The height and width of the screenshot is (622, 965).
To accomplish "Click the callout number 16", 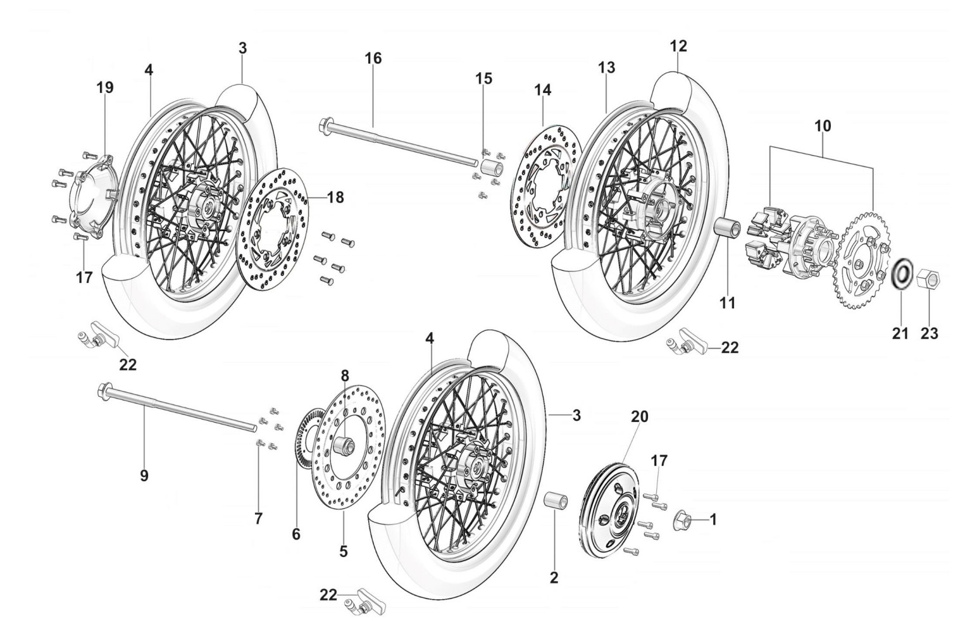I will point(373,59).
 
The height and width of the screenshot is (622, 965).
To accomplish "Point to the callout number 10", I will point(823,125).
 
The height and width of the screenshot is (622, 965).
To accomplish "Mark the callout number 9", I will point(144,475).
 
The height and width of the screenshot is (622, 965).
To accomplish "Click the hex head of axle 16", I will point(327,123).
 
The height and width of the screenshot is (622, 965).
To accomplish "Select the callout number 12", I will point(678,46).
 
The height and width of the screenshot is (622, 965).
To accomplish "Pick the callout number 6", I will point(296,533).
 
